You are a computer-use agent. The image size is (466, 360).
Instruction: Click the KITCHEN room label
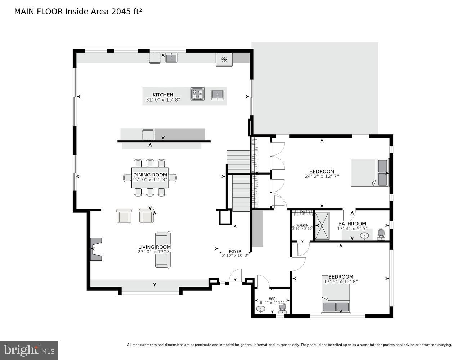pyautogui.click(x=163, y=95)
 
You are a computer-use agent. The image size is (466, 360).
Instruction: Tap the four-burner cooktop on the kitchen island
pyautogui.click(x=197, y=94)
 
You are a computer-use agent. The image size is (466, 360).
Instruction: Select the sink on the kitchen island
pyautogui.click(x=217, y=95)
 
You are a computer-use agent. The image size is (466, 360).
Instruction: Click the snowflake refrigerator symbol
pyautogui.click(x=224, y=59)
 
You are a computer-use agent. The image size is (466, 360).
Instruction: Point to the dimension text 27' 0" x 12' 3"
pyautogui.click(x=150, y=180)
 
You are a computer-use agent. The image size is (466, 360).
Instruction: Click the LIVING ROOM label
pyautogui.click(x=154, y=247)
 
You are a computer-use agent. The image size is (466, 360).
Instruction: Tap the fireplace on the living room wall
pyautogui.click(x=96, y=249)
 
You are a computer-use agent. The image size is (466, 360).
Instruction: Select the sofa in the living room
pyautogui.click(x=163, y=250)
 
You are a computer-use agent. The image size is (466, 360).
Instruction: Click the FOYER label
pyautogui.click(x=235, y=252)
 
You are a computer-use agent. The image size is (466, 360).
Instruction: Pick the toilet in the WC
pyautogui.click(x=283, y=307)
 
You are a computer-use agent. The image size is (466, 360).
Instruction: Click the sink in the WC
pyautogui.click(x=261, y=309)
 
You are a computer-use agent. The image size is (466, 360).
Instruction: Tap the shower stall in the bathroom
pyautogui.click(x=322, y=226)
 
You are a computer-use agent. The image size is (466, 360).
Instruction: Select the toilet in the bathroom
pyautogui.click(x=381, y=234)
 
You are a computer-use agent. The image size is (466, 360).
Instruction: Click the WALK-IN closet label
pyautogui.click(x=302, y=225)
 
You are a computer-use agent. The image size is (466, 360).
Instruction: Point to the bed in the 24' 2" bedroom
pyautogui.click(x=370, y=173)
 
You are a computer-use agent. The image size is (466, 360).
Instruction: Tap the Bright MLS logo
pyautogui.click(x=29, y=350)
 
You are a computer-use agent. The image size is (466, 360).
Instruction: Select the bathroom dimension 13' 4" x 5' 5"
pyautogui.click(x=352, y=229)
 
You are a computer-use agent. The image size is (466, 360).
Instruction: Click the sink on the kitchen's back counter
pyautogui.click(x=171, y=58)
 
